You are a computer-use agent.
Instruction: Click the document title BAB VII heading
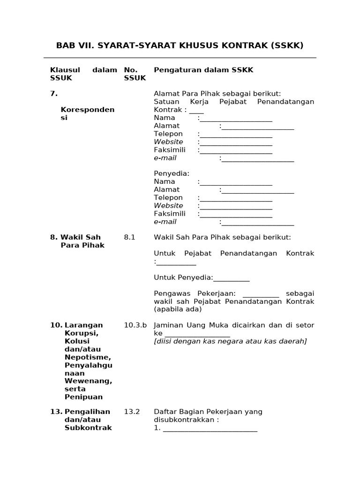pyautogui.click(x=180, y=45)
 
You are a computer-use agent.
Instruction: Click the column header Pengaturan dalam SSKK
pyautogui.click(x=203, y=70)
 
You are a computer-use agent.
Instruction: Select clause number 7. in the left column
pyautogui.click(x=54, y=94)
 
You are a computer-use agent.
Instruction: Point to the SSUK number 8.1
pyautogui.click(x=129, y=238)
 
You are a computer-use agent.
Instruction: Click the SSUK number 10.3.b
pyautogui.click(x=135, y=325)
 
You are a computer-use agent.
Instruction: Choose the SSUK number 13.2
pyautogui.click(x=132, y=412)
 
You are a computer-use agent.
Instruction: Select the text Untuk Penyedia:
pyautogui.click(x=183, y=278)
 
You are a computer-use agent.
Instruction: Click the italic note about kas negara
pyautogui.click(x=230, y=341)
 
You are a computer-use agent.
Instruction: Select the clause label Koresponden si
pyautogui.click(x=87, y=114)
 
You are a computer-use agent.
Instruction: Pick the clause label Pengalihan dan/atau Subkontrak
pyautogui.click(x=87, y=420)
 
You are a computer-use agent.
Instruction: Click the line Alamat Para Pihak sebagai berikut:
pyautogui.click(x=217, y=94)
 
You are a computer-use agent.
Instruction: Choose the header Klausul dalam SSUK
pyautogui.click(x=83, y=74)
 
